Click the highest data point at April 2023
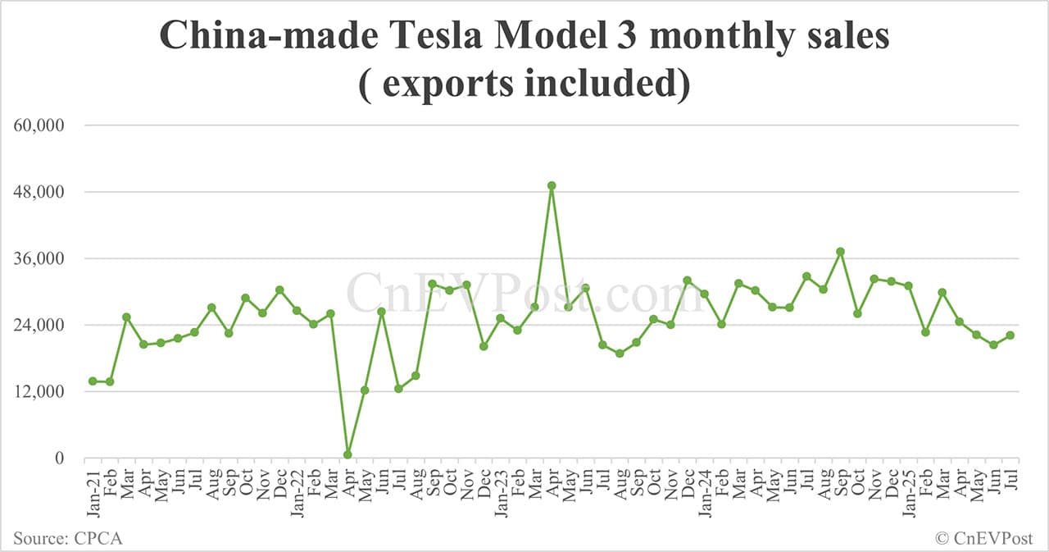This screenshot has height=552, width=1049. pos(552,185)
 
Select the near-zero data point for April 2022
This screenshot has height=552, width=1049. pos(347,454)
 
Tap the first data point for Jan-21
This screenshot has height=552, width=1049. pos(93,381)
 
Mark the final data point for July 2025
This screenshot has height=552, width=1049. pos(1010,335)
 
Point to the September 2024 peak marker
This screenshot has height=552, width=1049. pos(840,252)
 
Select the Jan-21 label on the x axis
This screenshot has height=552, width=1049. pos(93,492)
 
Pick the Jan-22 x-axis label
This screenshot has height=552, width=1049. pos(297,492)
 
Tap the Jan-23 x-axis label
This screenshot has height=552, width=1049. pos(501,492)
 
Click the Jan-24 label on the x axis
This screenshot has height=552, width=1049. pos(705,492)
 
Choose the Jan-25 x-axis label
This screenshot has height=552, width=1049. pos(908,492)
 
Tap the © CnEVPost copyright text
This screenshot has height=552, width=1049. pos(984,538)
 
